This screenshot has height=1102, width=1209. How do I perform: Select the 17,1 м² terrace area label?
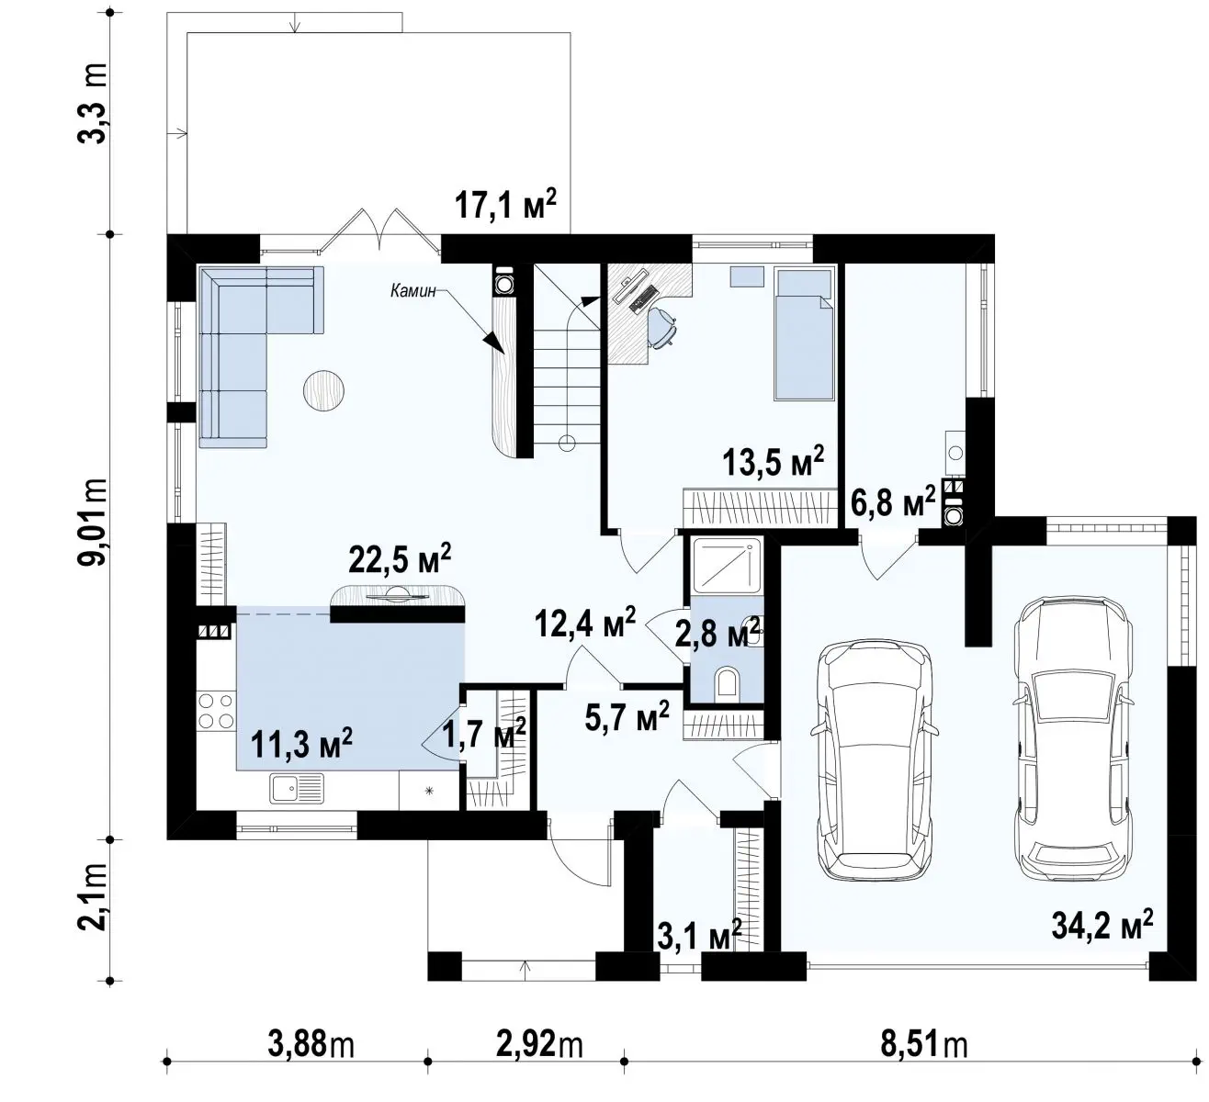point(505,204)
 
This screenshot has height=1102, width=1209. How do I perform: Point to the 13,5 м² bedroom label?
point(774,462)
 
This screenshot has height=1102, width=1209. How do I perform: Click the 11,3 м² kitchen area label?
point(301,744)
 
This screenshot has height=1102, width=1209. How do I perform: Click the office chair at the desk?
point(663,326)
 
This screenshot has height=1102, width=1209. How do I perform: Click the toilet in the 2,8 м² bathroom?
point(728,682)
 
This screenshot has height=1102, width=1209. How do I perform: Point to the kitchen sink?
point(296,788)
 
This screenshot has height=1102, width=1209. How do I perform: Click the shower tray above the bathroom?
point(727,565)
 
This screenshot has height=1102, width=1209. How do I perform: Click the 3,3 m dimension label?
point(93,103)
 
